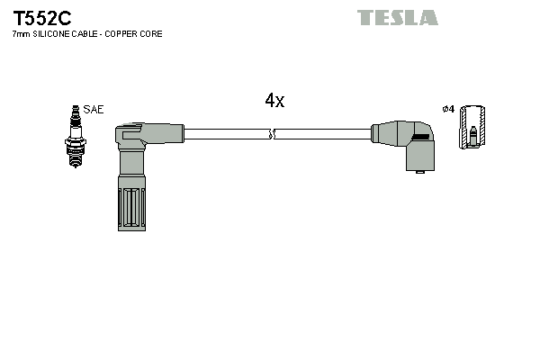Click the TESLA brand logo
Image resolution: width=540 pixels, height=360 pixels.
coord(397,17)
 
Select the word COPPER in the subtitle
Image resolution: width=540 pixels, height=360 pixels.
coord(126,34)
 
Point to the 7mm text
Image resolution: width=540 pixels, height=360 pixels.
coord(21,34)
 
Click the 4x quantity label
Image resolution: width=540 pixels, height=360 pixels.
coord(274,102)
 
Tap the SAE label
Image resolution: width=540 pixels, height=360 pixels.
coord(94,109)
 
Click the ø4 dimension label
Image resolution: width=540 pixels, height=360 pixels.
coord(447,109)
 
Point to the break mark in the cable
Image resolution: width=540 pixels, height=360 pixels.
coord(273,134)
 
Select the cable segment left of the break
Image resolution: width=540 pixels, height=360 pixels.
coord(225,134)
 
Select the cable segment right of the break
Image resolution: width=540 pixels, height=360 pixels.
coord(324,134)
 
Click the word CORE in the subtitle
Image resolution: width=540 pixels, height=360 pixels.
coord(161,34)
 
